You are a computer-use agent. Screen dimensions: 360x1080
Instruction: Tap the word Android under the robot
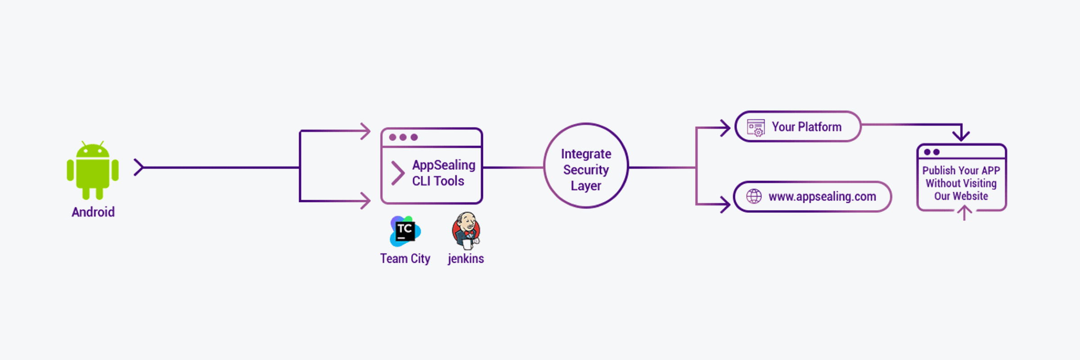pyautogui.click(x=93, y=212)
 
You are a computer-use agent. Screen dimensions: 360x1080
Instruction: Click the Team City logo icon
pyautogui.click(x=405, y=231)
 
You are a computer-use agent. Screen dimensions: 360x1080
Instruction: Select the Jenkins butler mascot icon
pyautogui.click(x=466, y=231)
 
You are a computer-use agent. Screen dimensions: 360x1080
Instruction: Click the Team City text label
pyautogui.click(x=405, y=259)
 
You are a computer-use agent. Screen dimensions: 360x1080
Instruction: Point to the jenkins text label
pyautogui.click(x=466, y=259)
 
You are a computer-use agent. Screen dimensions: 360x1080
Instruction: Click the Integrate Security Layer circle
pyautogui.click(x=586, y=166)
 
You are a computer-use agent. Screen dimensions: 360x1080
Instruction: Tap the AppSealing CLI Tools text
pyautogui.click(x=443, y=173)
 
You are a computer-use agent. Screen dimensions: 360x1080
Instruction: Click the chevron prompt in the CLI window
pyautogui.click(x=397, y=173)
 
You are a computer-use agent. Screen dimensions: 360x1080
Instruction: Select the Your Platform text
pyautogui.click(x=806, y=127)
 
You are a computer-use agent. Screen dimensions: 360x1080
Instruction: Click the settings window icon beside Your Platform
pyautogui.click(x=756, y=127)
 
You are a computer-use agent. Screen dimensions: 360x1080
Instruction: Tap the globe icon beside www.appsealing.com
pyautogui.click(x=754, y=196)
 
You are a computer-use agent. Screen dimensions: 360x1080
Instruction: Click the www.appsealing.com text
pyautogui.click(x=822, y=197)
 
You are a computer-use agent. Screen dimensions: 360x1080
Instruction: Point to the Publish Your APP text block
pyautogui.click(x=961, y=183)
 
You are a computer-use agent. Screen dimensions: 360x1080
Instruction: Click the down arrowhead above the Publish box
pyautogui.click(x=961, y=135)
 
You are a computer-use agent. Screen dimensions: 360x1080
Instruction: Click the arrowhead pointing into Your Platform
pyautogui.click(x=725, y=128)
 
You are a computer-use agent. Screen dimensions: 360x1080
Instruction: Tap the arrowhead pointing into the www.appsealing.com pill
pyautogui.click(x=725, y=205)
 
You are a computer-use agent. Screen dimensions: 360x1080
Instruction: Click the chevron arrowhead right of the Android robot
pyautogui.click(x=139, y=167)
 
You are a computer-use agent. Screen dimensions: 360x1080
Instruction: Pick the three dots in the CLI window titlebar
pyautogui.click(x=403, y=137)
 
